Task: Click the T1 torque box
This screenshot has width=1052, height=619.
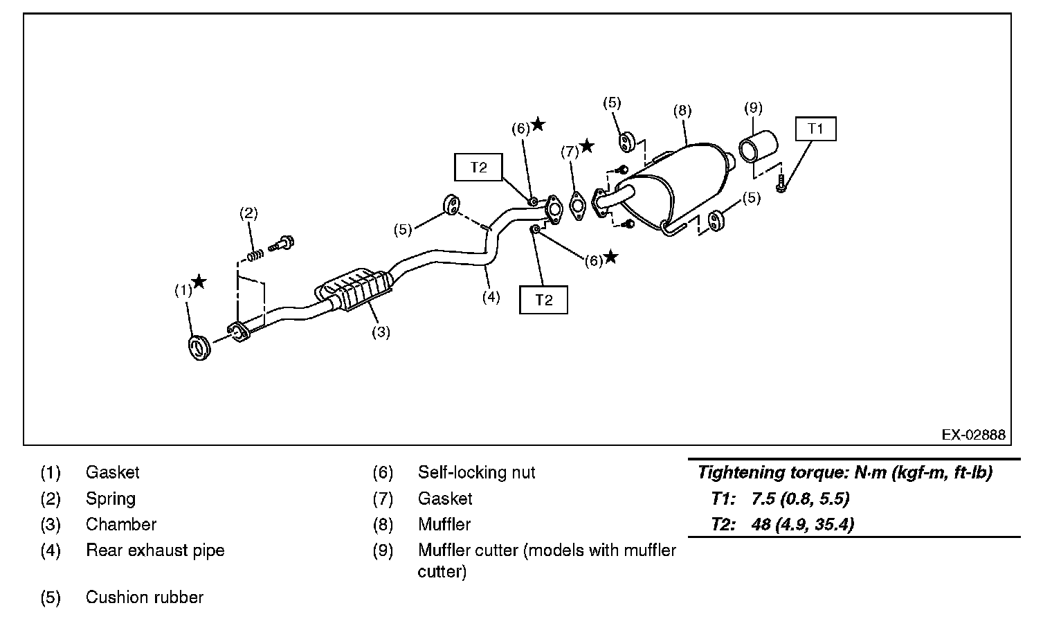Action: point(815,129)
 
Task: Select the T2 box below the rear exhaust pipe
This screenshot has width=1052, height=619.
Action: point(543,300)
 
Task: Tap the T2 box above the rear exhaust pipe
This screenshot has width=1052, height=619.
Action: point(478,168)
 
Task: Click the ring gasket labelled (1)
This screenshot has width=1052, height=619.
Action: point(199,348)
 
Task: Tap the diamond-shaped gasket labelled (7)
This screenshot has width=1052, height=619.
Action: point(577,206)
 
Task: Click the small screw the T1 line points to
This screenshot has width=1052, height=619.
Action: point(780,183)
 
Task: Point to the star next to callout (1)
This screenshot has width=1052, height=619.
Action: point(199,282)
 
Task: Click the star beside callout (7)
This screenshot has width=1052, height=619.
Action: point(587,145)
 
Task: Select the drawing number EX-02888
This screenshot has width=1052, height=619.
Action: point(974,434)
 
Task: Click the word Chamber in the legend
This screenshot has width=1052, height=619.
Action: point(121,524)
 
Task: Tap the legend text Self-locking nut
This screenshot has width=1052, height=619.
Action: point(476,472)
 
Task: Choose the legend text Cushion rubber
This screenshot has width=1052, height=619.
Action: point(145,597)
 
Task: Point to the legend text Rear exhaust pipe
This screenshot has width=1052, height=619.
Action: point(156,550)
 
